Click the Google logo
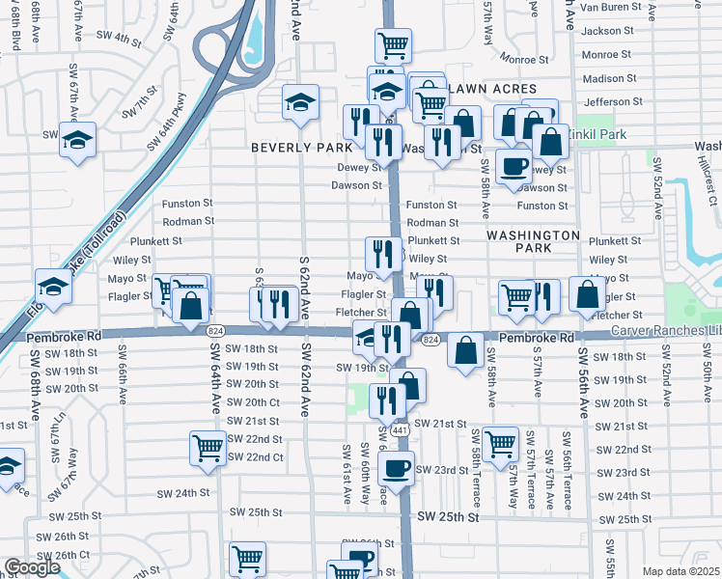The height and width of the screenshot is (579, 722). click(32, 567)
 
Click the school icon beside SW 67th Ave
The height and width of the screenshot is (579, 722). click(77, 141)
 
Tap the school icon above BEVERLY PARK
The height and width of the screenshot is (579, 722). click(301, 101)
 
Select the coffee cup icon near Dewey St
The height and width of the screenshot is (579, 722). click(514, 165)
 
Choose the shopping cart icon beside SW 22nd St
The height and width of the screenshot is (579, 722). click(208, 449)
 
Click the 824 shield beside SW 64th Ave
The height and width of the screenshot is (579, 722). click(215, 330)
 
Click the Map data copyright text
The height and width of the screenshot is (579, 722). click(681, 571)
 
